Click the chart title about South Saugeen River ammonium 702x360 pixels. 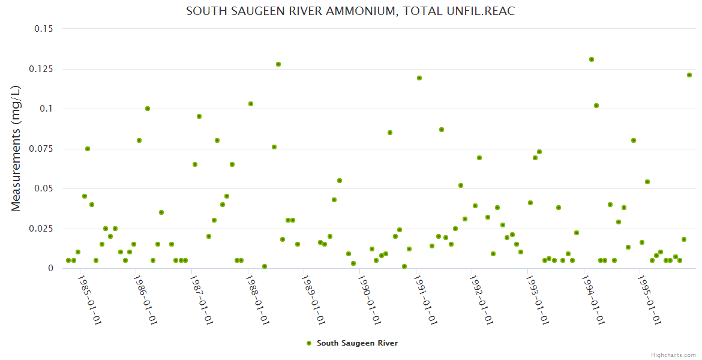coord(350,11)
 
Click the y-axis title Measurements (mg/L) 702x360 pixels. coord(16,148)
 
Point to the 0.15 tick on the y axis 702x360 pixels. coord(43,29)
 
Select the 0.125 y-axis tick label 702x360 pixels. coord(41,69)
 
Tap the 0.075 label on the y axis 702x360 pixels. coord(41,149)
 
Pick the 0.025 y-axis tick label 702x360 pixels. coord(41,229)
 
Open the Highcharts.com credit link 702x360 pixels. coord(673,355)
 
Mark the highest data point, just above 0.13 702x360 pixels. coord(592,59)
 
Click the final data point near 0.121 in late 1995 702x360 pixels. coord(689,75)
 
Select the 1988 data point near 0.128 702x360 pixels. coord(278,64)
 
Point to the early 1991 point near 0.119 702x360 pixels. coord(419,78)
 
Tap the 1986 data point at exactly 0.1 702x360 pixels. coord(148,109)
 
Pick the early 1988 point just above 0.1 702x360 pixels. coord(251,104)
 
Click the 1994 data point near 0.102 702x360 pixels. coord(596,106)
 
